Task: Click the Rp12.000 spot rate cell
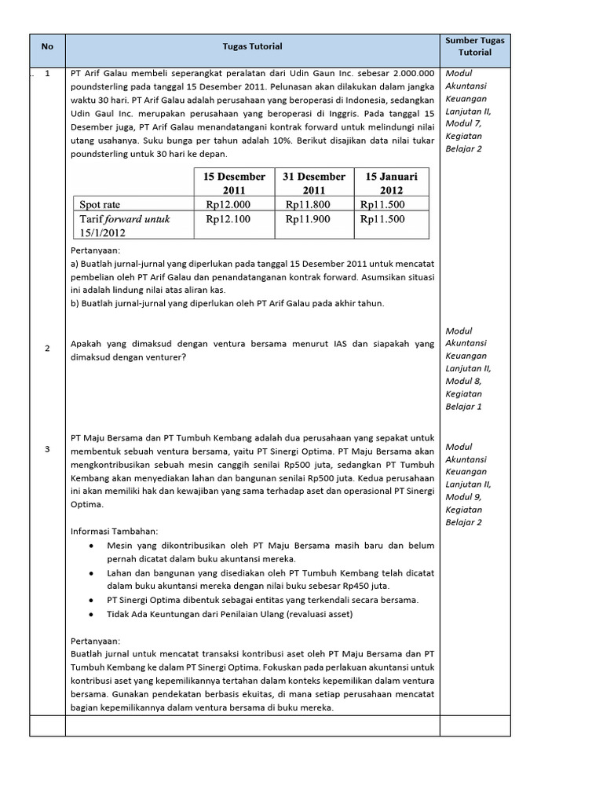tap(228, 204)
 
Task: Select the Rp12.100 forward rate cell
tap(228, 219)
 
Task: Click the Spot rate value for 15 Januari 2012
tap(382, 204)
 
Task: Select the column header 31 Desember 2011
tap(313, 183)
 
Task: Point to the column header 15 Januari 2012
tap(392, 183)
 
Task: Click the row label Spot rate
tap(100, 204)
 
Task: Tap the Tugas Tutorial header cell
tap(252, 46)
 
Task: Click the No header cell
tap(47, 46)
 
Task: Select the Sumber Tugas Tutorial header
tap(474, 46)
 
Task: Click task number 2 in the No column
tap(47, 348)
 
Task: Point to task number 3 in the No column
tap(47, 449)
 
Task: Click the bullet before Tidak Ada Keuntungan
tap(93, 614)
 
